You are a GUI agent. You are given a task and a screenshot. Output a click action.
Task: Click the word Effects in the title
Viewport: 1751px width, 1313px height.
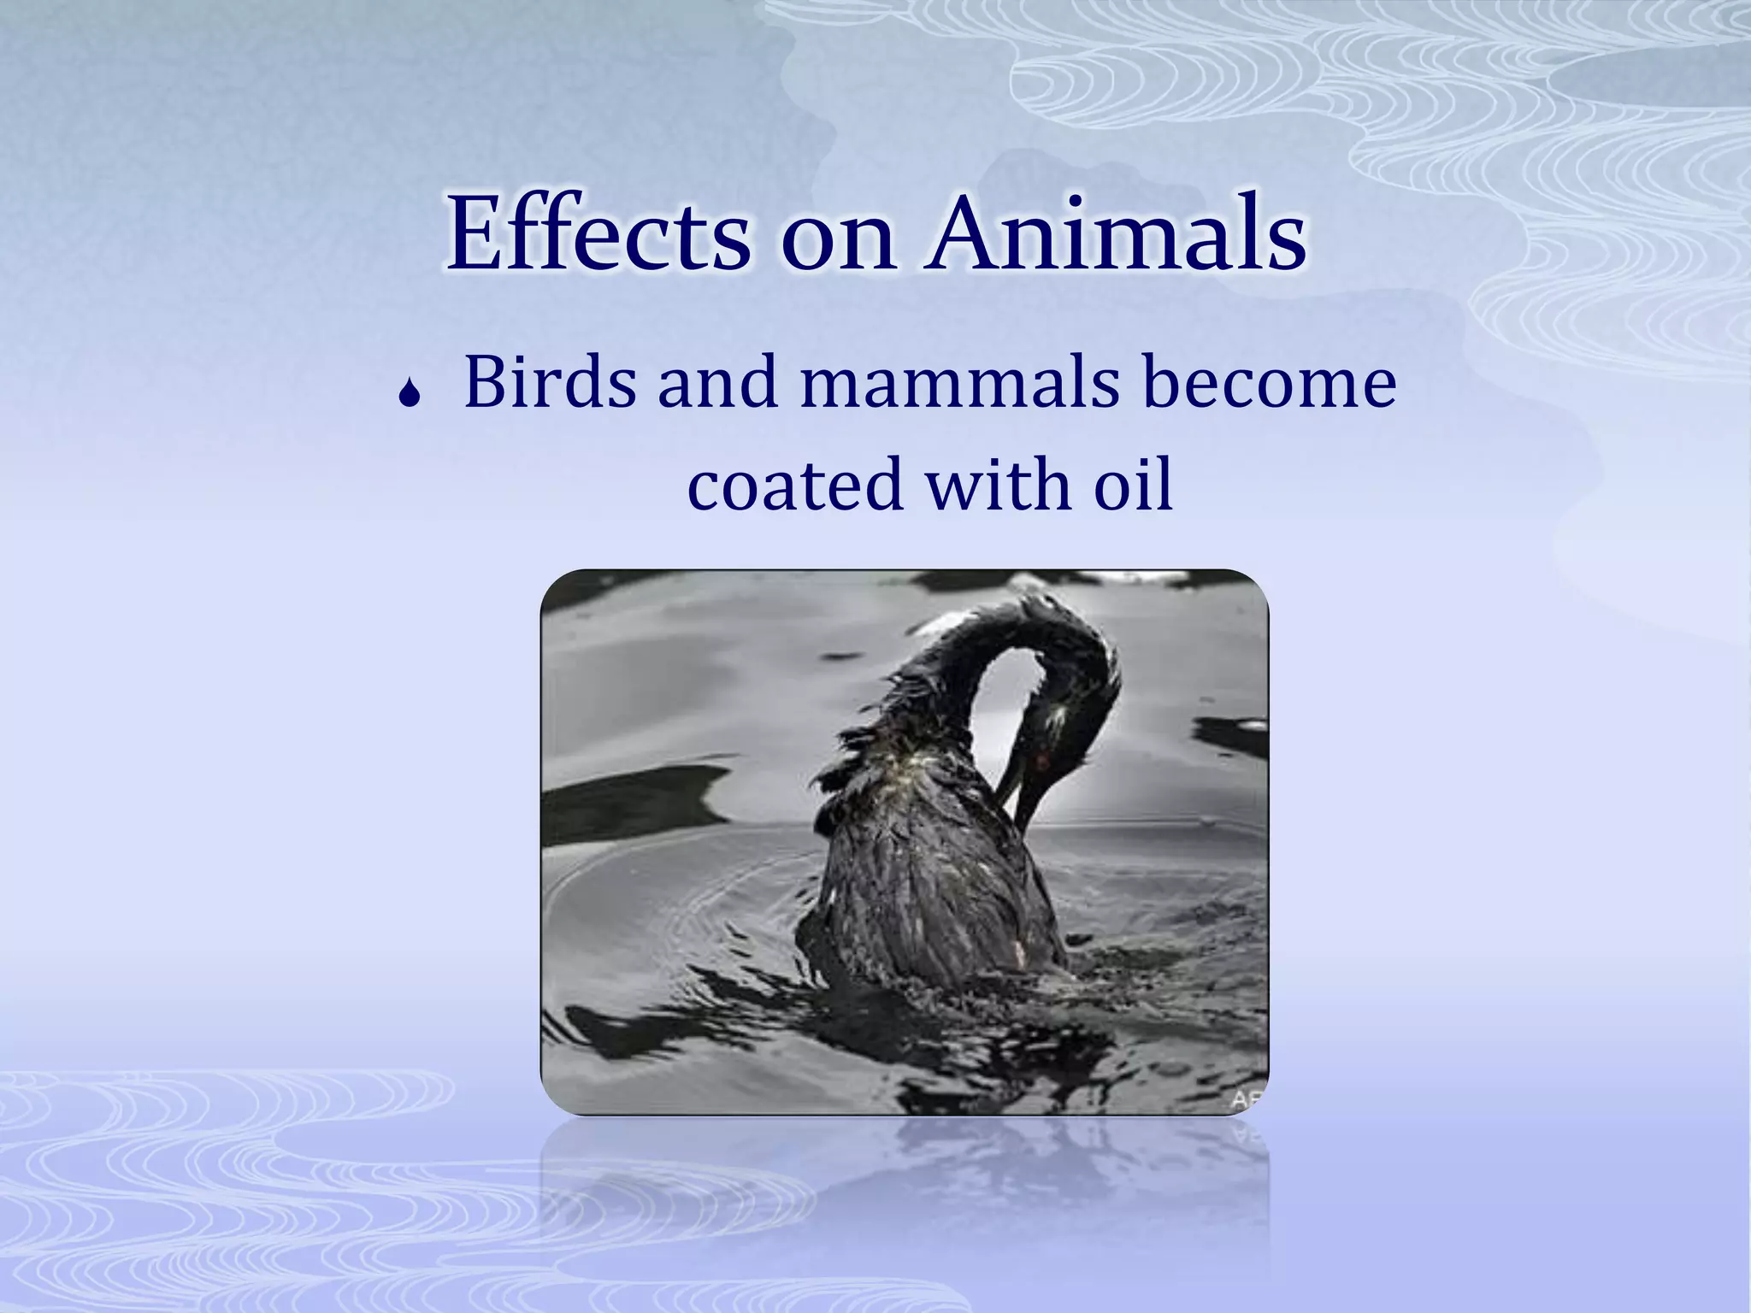point(598,233)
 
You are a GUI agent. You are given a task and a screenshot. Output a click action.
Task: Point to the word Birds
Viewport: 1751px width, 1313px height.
point(550,382)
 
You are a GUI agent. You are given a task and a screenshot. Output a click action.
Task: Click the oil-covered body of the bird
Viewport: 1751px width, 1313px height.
point(923,889)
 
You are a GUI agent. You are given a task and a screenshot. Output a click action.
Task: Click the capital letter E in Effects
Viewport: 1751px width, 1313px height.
point(476,233)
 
